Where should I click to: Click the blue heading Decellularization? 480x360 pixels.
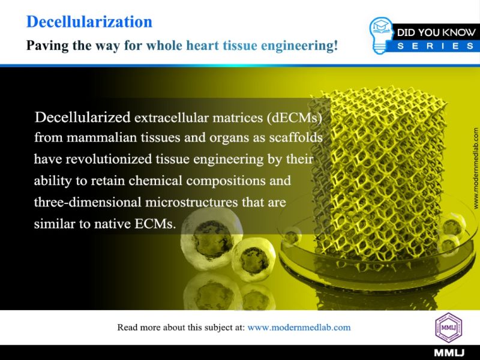pos(89,22)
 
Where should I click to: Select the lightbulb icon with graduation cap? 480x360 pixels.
pos(381,35)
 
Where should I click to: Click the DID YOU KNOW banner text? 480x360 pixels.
pos(436,32)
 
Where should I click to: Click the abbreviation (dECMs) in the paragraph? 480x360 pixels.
pos(295,118)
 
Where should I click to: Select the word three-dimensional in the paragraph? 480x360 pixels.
pos(88,202)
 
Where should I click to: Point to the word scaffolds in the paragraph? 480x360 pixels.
pos(296,137)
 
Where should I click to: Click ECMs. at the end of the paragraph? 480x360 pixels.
pos(155,224)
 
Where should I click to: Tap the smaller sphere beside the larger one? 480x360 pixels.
pos(253,260)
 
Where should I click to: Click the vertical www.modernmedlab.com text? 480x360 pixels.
pos(475,169)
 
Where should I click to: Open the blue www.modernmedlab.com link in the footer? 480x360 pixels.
pos(299,328)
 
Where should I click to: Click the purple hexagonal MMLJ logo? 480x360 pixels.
pos(448,328)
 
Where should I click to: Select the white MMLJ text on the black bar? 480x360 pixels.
pos(449,353)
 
